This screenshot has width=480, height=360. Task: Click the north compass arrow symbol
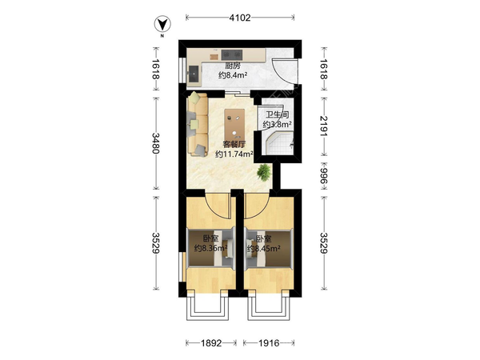pyautogui.click(x=162, y=25)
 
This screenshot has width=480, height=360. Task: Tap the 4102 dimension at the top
pyautogui.click(x=240, y=18)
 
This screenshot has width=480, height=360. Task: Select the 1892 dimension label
pyautogui.click(x=211, y=343)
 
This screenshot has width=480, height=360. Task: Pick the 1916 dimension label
pyautogui.click(x=269, y=343)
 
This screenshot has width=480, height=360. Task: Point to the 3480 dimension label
pyautogui.click(x=156, y=143)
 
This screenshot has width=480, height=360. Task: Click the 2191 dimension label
pyautogui.click(x=323, y=126)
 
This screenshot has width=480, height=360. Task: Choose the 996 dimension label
pyautogui.click(x=323, y=176)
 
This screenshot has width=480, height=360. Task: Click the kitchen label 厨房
pyautogui.click(x=233, y=66)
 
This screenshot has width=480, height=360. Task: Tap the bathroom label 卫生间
pyautogui.click(x=277, y=115)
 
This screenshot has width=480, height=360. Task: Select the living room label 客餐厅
pyautogui.click(x=234, y=145)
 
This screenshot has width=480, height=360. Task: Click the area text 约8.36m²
pyautogui.click(x=211, y=248)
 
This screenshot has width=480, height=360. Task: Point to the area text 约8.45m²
pyautogui.click(x=264, y=249)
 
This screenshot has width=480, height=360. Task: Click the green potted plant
pyautogui.click(x=264, y=173)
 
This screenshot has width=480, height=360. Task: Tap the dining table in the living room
pyautogui.click(x=234, y=125)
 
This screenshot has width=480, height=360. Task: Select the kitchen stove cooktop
pyautogui.click(x=232, y=54)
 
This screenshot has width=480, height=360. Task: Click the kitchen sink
pyautogui.click(x=194, y=74)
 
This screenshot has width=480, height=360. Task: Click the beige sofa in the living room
pyautogui.click(x=198, y=125)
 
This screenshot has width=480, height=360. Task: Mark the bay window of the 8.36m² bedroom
pyautogui.click(x=207, y=306)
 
